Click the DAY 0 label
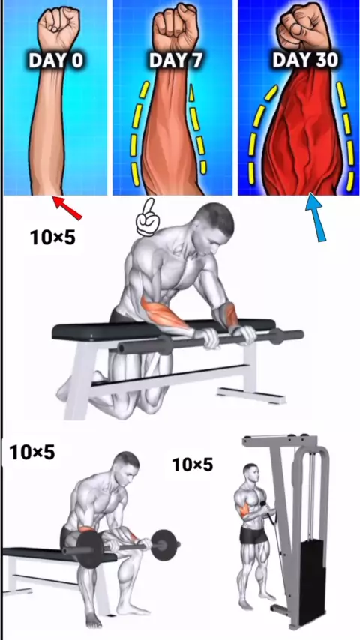click(55, 61)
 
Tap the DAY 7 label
click(176, 61)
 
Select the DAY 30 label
click(305, 60)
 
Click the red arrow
click(67, 208)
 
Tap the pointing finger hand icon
click(147, 218)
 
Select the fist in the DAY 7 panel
click(175, 25)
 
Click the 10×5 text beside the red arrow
click(52, 237)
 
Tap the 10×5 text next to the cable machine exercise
click(193, 465)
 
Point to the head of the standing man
click(250, 473)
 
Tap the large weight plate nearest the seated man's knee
click(88, 549)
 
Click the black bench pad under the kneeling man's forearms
click(163, 328)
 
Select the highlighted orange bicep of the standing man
click(244, 509)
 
